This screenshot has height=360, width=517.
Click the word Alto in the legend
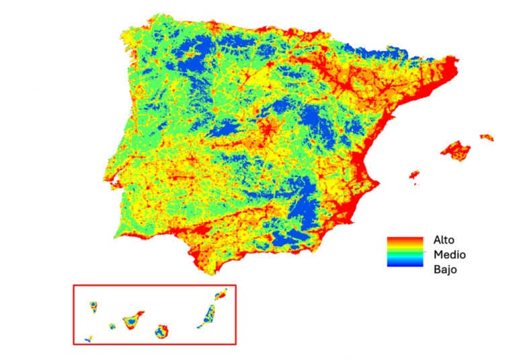pyautogui.click(x=445, y=240)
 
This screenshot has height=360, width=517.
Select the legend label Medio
pyautogui.click(x=450, y=255)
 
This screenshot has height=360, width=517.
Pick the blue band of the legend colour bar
pyautogui.click(x=405, y=264)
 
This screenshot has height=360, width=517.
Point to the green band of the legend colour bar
pyautogui.click(x=405, y=254)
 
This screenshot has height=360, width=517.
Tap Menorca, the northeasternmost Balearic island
pyautogui.click(x=487, y=137)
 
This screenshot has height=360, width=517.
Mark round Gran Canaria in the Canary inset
pyautogui.click(x=161, y=332)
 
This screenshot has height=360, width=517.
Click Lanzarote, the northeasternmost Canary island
pyautogui.click(x=221, y=294)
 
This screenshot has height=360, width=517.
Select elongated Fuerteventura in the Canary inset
pyautogui.click(x=208, y=316)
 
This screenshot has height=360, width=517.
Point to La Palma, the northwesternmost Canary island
pyautogui.click(x=93, y=307)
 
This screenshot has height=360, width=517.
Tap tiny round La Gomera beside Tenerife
pyautogui.click(x=112, y=326)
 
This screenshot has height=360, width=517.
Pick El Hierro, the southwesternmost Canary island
pyautogui.click(x=88, y=340)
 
